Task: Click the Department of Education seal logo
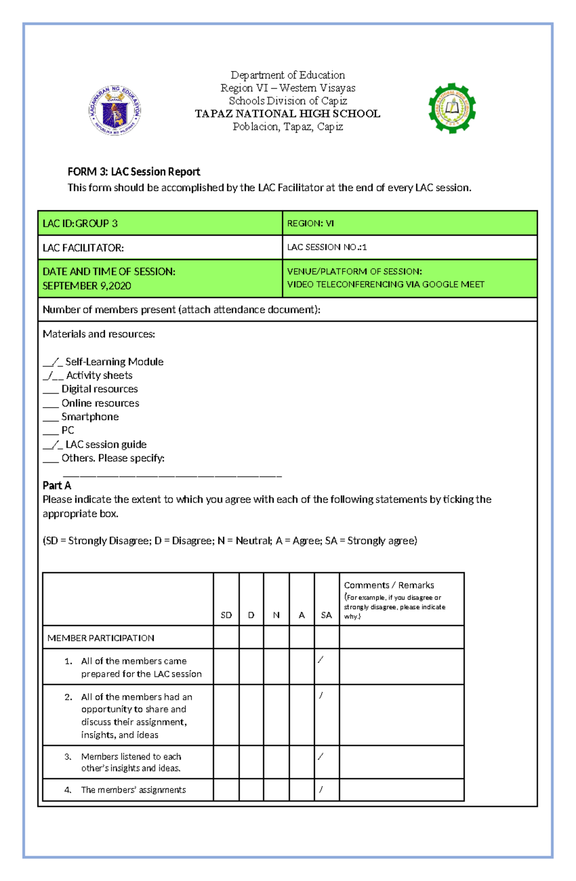pos(115,110)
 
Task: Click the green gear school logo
pos(452,108)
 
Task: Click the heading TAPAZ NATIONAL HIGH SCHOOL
pos(287,114)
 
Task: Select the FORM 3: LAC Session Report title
pos(133,171)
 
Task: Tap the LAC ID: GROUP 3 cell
pos(80,223)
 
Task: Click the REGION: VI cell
pos(310,223)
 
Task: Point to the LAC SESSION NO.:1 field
pos(327,247)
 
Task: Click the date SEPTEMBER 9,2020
pos(87,286)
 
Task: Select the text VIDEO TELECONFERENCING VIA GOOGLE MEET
pos(385,284)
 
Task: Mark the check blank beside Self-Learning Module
pos(53,362)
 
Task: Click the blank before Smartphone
pos(50,417)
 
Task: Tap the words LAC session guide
pos(106,445)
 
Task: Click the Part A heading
pos(57,485)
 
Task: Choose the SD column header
pos(226,615)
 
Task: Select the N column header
pos(276,615)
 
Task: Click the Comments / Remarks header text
pos(389,585)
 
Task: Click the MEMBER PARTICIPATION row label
pos(101,638)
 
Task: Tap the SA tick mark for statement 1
pos(321,660)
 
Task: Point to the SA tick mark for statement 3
pos(321,756)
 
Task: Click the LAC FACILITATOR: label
pos(83,248)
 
